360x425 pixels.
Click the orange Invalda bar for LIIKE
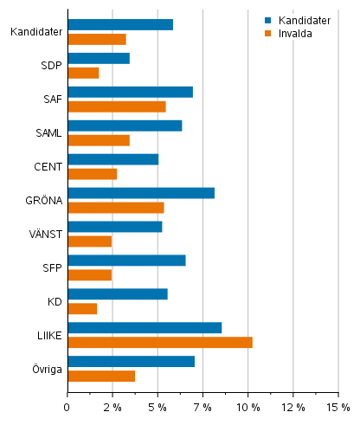160,342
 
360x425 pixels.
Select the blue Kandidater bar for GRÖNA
141,193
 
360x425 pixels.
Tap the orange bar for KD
82,308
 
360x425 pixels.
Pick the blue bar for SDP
99,58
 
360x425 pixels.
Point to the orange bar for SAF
117,106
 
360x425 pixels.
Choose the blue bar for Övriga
131,361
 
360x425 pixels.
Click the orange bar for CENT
92,174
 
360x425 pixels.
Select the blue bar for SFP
126,261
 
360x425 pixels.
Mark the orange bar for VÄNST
89,241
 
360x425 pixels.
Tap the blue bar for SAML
125,126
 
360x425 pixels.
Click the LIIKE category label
48,335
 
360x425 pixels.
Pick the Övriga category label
46,369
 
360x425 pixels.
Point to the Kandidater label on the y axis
35,32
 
